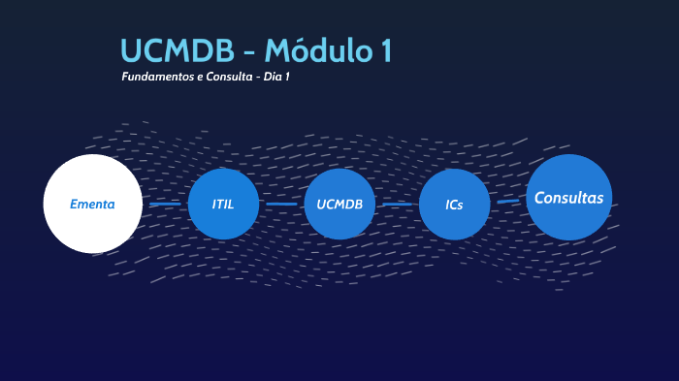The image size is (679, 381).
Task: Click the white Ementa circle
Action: pyautogui.click(x=93, y=204)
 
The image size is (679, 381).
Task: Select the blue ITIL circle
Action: pyautogui.click(x=224, y=204)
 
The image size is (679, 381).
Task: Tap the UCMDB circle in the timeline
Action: pyautogui.click(x=339, y=204)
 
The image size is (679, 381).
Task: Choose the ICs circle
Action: pyautogui.click(x=454, y=205)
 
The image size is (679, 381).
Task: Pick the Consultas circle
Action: pyautogui.click(x=569, y=197)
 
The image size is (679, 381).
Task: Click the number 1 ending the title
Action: pyautogui.click(x=385, y=50)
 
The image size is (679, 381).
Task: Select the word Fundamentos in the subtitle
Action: pyautogui.click(x=157, y=77)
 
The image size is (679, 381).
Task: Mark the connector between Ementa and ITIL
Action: pyautogui.click(x=165, y=205)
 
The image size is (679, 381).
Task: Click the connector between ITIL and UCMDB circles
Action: pyautogui.click(x=281, y=205)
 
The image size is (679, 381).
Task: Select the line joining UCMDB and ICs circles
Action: pyautogui.click(x=397, y=205)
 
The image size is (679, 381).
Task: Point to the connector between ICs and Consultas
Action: pyautogui.click(x=507, y=201)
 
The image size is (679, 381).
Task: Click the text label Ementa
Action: pyautogui.click(x=92, y=205)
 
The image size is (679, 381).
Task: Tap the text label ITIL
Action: pyautogui.click(x=224, y=205)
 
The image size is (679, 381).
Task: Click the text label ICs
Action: pyautogui.click(x=454, y=206)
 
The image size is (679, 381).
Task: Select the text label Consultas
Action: pyautogui.click(x=569, y=198)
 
